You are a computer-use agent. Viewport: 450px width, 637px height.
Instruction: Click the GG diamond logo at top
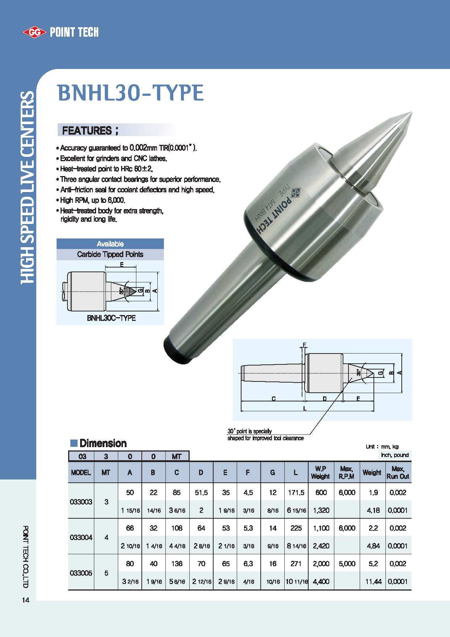pos(35,33)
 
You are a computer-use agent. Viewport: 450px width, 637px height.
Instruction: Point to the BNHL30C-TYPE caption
pos(111,318)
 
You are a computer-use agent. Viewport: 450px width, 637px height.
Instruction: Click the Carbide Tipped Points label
pos(110,254)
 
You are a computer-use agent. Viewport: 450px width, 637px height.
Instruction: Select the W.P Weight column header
pos(321,473)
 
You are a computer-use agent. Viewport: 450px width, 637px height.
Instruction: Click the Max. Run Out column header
pos(398,473)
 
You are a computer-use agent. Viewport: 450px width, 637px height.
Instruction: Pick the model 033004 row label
pos(81,537)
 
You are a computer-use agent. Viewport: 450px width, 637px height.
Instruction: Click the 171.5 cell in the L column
pos(296,493)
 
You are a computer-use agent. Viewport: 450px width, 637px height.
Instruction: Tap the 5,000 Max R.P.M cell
pos(347,564)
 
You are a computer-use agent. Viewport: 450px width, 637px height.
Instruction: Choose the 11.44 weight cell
pos(373,581)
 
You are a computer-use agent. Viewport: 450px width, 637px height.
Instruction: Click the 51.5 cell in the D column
pos(201,493)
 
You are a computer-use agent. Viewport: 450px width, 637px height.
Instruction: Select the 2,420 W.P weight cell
pos(321,546)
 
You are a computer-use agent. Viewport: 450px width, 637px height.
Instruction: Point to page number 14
pos(25,600)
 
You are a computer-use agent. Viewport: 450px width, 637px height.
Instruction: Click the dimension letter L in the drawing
pos(305,408)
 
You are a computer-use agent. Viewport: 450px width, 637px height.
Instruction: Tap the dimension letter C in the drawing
pos(274,399)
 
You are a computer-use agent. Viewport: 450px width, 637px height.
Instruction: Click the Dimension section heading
pos(103,443)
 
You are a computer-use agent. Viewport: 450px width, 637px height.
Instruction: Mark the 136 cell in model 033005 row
pos(177,564)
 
